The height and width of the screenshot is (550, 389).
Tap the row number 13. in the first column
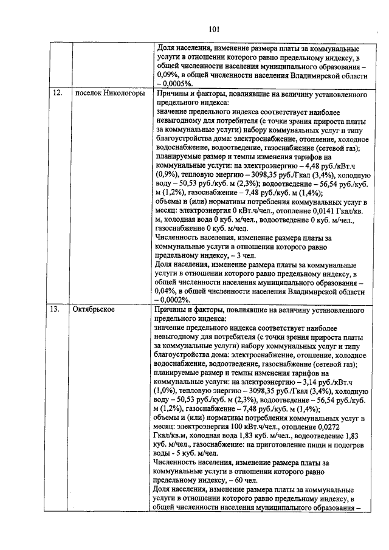point(55,309)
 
